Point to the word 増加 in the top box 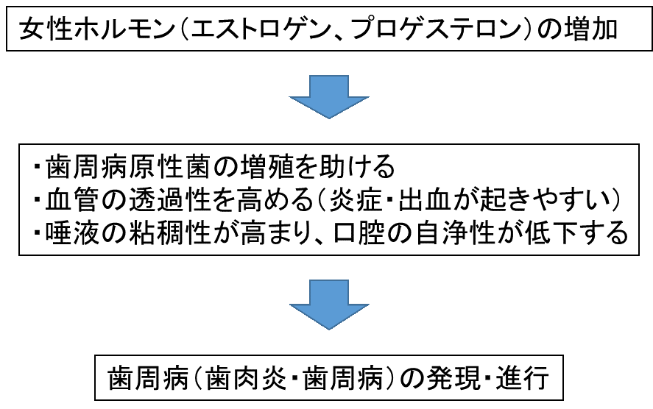coord(595,31)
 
